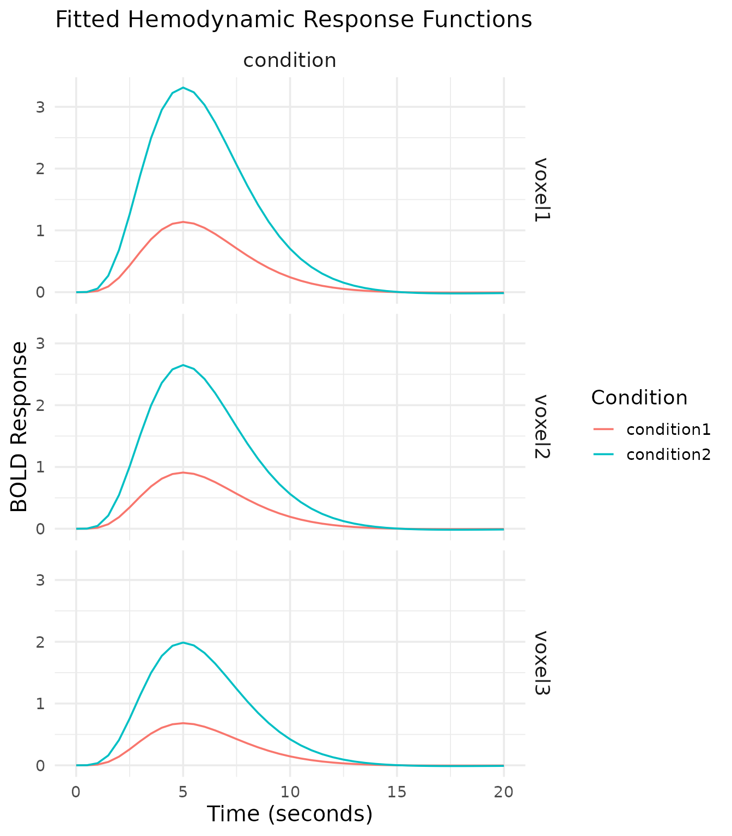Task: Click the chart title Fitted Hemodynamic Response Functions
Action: (294, 20)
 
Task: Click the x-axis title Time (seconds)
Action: (290, 814)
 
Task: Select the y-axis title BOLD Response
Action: (20, 427)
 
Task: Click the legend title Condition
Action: (639, 398)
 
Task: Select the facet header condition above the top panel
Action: (290, 60)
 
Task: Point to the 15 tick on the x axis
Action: (397, 792)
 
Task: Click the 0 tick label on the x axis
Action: (76, 792)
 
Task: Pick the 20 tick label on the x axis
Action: (504, 792)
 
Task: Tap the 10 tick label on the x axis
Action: (290, 792)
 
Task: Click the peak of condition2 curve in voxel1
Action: (183, 88)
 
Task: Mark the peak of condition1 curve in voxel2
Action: (183, 472)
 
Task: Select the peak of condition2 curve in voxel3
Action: (183, 642)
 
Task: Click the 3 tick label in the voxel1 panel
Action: (40, 107)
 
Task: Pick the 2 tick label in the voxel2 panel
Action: (40, 405)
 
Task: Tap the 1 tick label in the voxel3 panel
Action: (40, 704)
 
